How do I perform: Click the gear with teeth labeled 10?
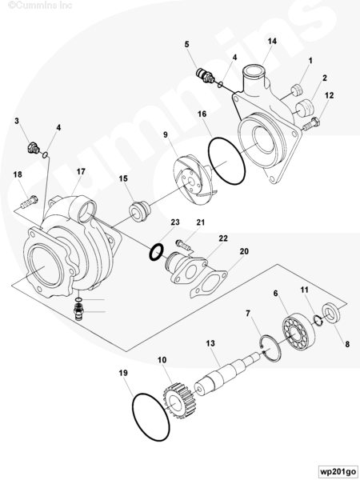pos(178,402)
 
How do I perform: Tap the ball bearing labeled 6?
pos(298,329)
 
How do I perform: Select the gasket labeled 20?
pos(209,284)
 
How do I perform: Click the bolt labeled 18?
pos(29,202)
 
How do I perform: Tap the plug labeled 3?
pos(33,147)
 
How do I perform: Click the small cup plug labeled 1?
pos(297,90)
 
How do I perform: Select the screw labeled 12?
pos(312,124)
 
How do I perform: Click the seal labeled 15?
pos(139,211)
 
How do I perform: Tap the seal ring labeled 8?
pos(330,313)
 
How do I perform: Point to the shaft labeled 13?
pos(227,373)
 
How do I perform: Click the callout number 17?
pos(81,171)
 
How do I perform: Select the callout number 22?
pos(223,238)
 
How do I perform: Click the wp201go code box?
pos(338,471)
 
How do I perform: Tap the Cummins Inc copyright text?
pos(40,6)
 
